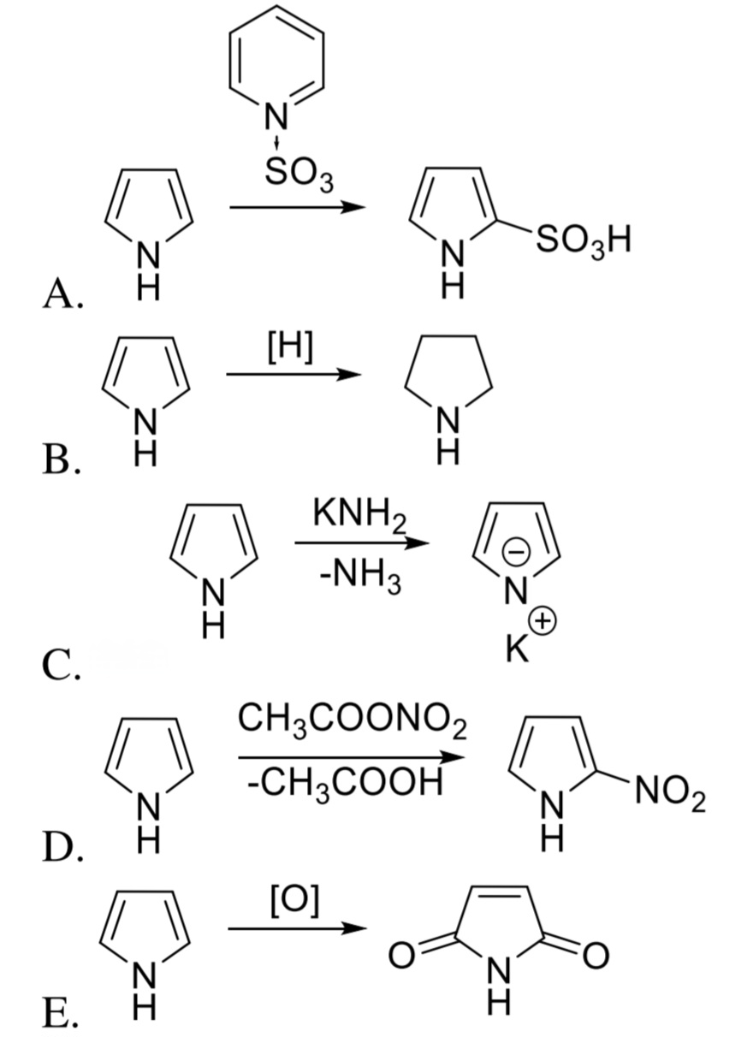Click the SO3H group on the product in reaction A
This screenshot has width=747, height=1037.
[583, 241]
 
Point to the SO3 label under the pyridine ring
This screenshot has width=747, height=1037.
[299, 176]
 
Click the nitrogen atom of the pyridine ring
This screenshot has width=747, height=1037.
[276, 116]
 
